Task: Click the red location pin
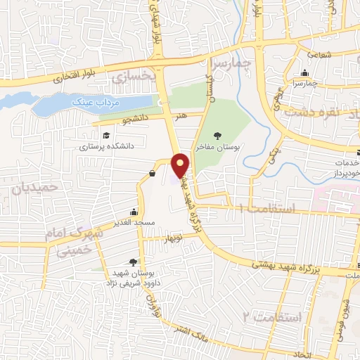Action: tap(181, 165)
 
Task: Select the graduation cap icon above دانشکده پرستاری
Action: tap(105, 136)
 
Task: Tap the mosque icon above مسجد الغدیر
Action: tap(134, 211)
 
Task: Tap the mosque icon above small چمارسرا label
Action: tap(304, 73)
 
